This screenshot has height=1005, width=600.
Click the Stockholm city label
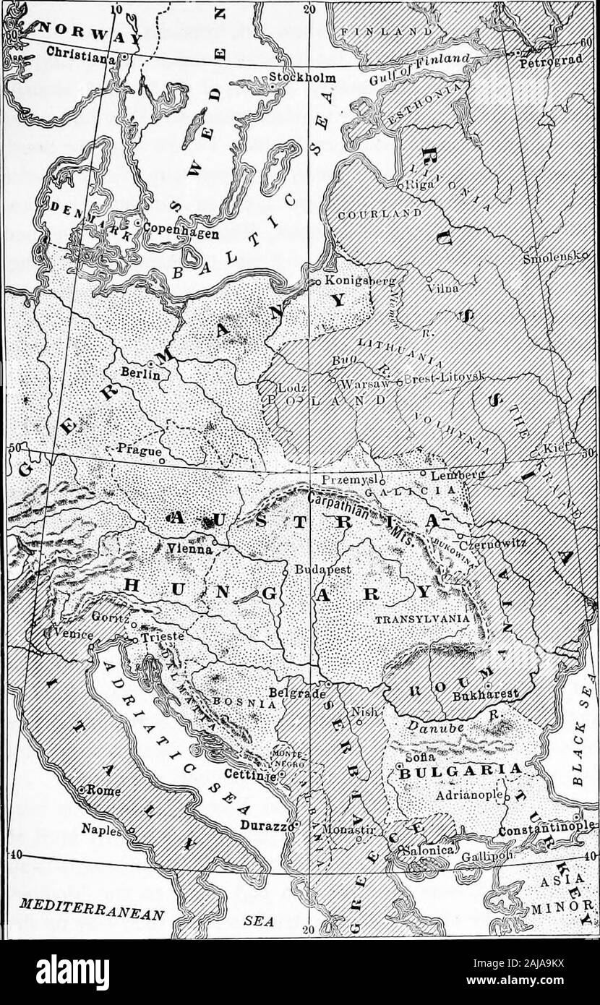click(x=299, y=78)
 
